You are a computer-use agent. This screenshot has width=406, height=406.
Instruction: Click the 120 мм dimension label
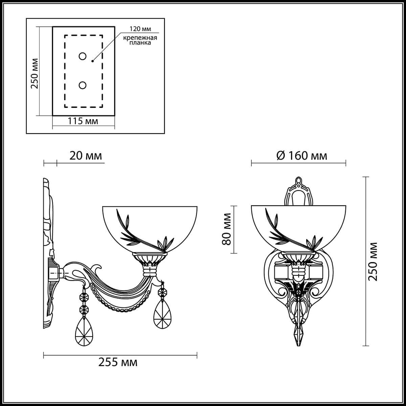pyautogui.click(x=140, y=29)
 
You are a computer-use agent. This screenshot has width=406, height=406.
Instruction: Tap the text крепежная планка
pyautogui.click(x=140, y=40)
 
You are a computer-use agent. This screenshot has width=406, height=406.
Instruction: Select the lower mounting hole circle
pyautogui.click(x=82, y=85)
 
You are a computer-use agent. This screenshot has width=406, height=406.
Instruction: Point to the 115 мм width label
pyautogui.click(x=83, y=121)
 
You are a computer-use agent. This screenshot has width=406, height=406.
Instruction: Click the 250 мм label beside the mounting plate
pyautogui.click(x=35, y=73)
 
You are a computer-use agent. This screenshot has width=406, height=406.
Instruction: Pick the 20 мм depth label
pyautogui.click(x=86, y=156)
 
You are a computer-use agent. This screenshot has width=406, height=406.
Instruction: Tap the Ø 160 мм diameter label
pyautogui.click(x=302, y=156)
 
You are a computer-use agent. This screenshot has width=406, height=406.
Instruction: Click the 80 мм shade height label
pyautogui.click(x=227, y=229)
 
